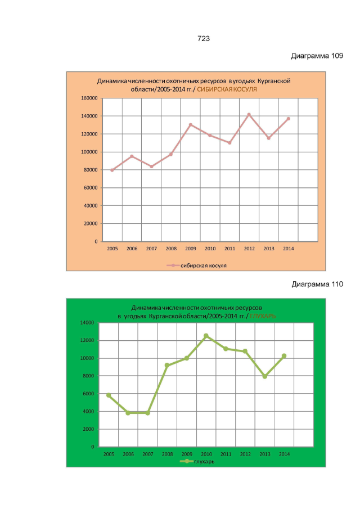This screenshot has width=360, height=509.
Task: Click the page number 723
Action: (204, 39)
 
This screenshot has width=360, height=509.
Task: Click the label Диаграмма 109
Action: (317, 56)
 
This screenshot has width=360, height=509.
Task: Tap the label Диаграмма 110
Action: (317, 284)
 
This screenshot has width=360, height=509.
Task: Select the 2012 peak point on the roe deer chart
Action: (249, 115)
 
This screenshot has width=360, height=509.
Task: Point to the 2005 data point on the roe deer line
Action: (112, 170)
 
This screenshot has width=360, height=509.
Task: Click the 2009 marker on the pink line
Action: (190, 125)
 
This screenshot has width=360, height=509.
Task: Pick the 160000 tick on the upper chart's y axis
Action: (91, 98)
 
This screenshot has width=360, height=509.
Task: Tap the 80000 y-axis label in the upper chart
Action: (92, 170)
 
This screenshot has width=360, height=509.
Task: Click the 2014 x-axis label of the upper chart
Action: (288, 249)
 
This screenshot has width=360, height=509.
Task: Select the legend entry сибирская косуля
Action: (201, 264)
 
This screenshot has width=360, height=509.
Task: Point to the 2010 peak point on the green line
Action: (206, 336)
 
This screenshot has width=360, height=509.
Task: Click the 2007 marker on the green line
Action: (147, 413)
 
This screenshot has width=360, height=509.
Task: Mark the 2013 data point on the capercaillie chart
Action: (264, 376)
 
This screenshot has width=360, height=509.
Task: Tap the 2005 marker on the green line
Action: (109, 395)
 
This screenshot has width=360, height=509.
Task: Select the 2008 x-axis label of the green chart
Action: (167, 453)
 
